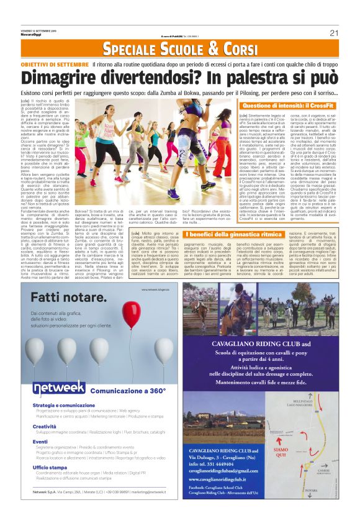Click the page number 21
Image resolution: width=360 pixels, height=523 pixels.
pyautogui.click(x=333, y=33)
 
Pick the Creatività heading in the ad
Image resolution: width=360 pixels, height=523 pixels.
pyautogui.click(x=45, y=426)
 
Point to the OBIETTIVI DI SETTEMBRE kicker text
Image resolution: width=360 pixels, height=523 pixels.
pyautogui.click(x=54, y=65)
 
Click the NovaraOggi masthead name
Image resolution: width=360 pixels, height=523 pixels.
pyautogui.click(x=30, y=37)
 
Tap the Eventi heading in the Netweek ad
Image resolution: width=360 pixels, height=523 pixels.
pyautogui.click(x=40, y=442)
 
